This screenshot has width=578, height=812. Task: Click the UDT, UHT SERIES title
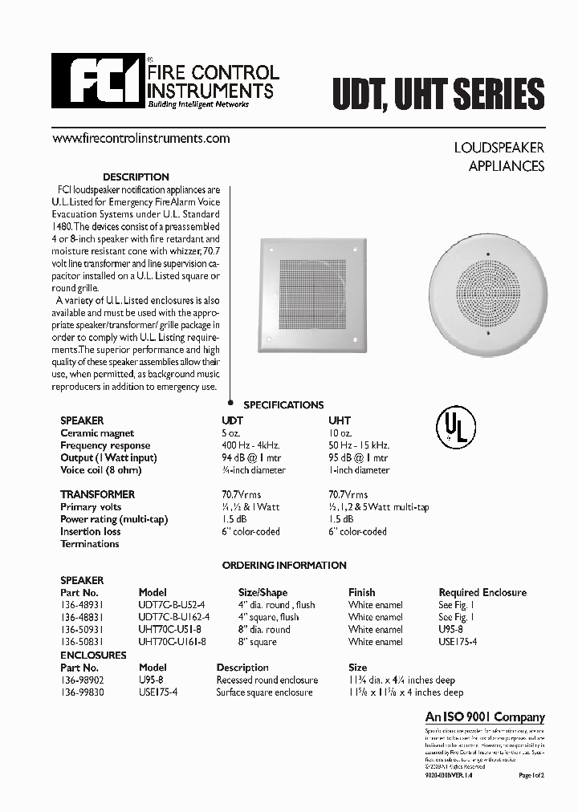438,95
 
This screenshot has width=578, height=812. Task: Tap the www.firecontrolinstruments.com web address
140,138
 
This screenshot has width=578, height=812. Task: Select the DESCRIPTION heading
136,177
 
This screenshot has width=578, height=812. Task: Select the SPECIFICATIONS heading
283,405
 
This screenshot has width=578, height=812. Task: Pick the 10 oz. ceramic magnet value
341,432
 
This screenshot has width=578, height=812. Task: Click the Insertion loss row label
91,531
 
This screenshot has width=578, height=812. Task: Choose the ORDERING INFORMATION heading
283,565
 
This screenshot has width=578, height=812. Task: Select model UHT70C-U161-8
172,642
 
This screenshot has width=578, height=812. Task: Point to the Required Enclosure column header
482,592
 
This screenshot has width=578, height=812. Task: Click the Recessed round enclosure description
267,680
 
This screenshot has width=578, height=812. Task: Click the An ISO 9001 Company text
484,717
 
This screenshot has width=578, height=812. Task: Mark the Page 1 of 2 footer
531,775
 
